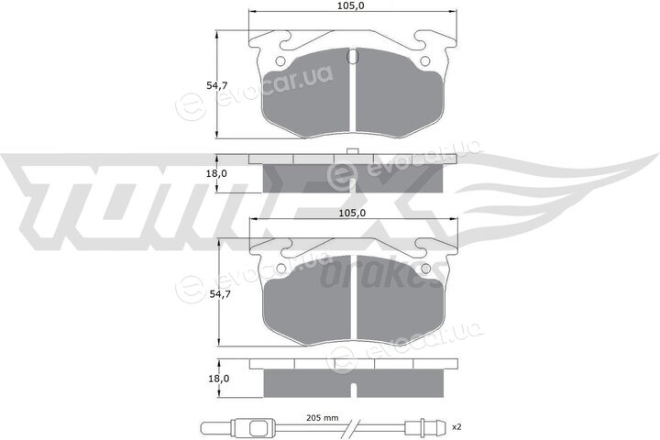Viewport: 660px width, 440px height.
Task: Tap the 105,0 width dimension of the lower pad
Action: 353,214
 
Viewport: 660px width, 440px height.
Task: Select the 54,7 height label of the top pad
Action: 216,85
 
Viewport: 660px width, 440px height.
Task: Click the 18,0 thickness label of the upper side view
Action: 216,173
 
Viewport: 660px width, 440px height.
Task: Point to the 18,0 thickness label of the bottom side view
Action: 219,379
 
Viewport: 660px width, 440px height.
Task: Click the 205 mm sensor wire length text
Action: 322,418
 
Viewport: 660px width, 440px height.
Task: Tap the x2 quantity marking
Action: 456,427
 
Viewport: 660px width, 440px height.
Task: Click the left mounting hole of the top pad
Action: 280,61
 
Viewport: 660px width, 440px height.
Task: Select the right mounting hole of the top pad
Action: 425,61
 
